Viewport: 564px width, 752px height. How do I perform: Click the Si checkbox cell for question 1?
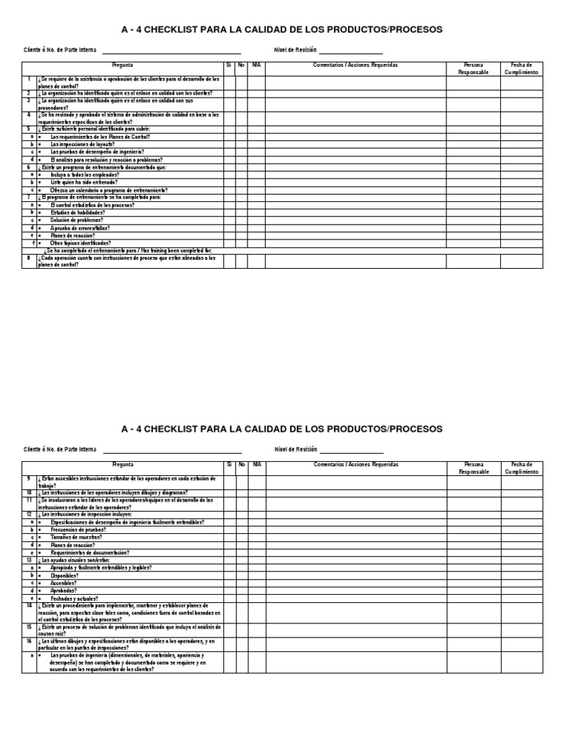tap(230, 82)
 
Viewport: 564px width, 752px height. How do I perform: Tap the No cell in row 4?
tap(242, 118)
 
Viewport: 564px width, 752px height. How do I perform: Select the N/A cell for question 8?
tap(256, 261)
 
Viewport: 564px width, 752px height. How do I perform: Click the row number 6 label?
tap(29, 167)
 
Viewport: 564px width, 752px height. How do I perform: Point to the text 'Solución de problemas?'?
tap(76, 220)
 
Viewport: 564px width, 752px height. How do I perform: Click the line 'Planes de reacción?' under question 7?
tap(72, 235)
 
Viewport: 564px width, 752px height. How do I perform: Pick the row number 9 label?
tap(29, 479)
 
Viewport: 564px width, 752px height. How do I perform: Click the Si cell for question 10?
tap(230, 493)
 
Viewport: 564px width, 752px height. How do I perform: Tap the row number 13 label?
tap(29, 560)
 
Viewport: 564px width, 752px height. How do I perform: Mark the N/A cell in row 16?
tap(256, 645)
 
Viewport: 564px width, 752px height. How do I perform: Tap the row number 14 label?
tap(29, 605)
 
